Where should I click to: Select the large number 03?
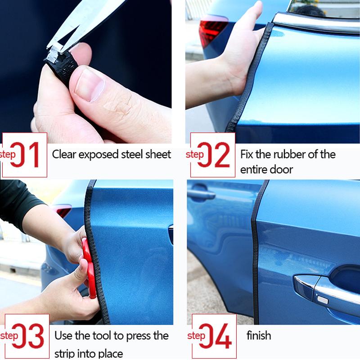(31, 336)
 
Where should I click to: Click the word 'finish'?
(259, 336)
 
